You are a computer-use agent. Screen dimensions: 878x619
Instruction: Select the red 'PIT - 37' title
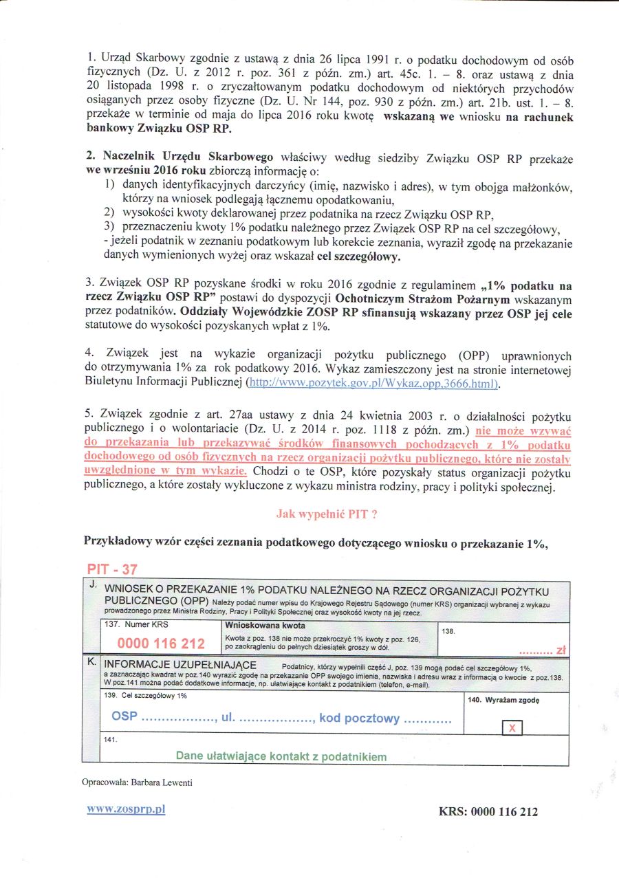point(116,569)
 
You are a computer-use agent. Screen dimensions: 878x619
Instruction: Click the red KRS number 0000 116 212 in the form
point(161,644)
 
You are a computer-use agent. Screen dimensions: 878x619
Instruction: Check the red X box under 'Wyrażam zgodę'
point(513,727)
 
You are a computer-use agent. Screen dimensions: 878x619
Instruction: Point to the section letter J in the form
point(92,584)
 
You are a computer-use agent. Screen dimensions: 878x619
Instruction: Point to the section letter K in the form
point(92,665)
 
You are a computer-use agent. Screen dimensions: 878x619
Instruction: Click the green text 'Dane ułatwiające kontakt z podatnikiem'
point(281,756)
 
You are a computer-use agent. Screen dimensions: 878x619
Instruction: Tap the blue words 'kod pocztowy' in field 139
point(359,718)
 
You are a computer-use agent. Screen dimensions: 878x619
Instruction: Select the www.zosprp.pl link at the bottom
point(126,809)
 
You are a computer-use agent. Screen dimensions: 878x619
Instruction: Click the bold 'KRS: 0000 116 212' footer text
point(488,812)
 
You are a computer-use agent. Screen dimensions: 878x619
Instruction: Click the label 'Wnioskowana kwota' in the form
point(265,626)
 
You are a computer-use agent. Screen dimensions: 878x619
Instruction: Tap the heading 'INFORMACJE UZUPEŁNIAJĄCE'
point(180,666)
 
